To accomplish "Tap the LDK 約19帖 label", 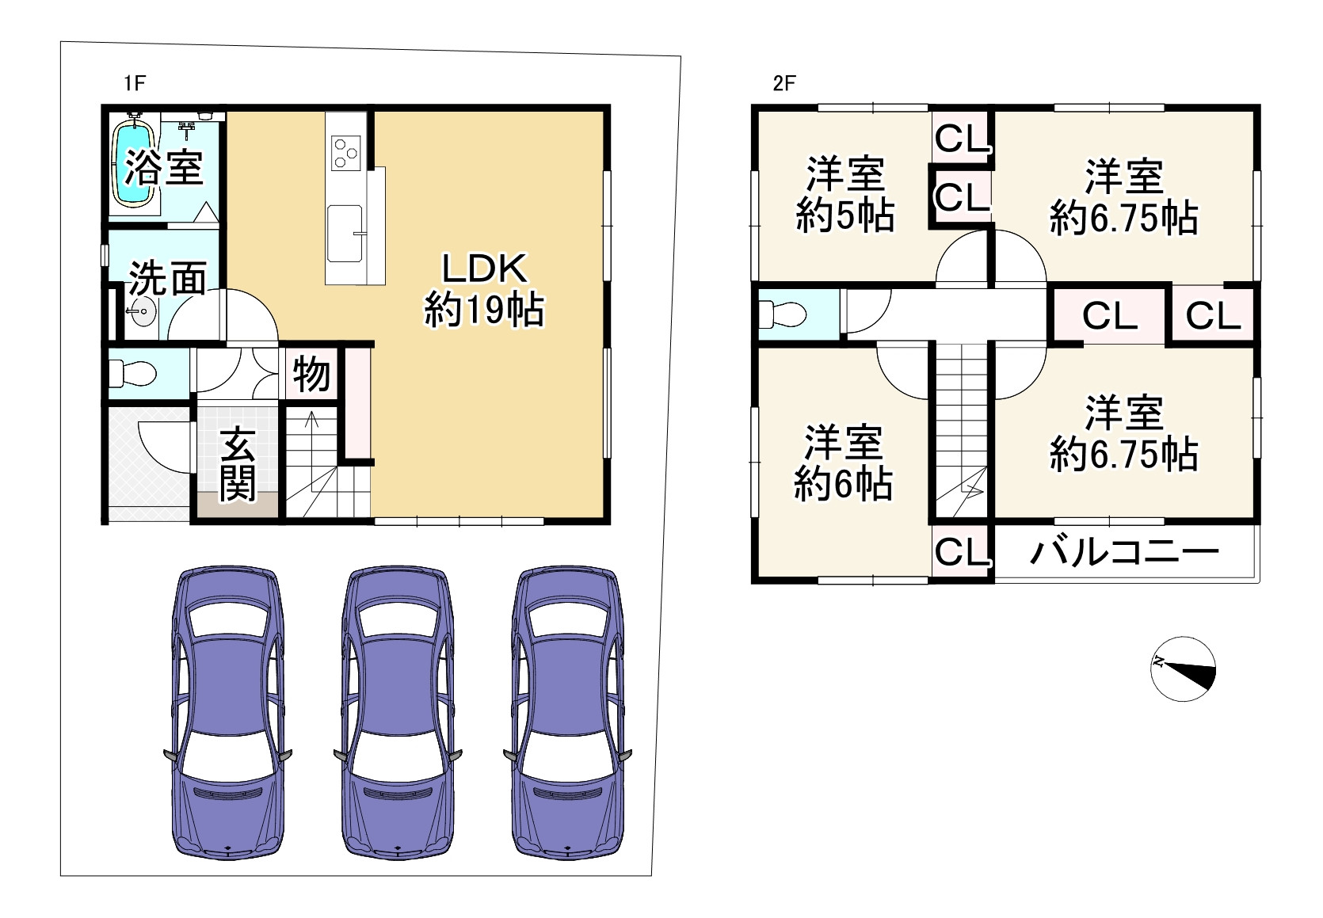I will pyautogui.click(x=483, y=290).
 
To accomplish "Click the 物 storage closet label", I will pyautogui.click(x=311, y=374).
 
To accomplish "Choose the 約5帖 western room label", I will pyautogui.click(x=845, y=195).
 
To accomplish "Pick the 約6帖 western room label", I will pyautogui.click(x=843, y=463).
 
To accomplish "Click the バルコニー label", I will pyautogui.click(x=1123, y=553).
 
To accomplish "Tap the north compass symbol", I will pyautogui.click(x=1183, y=669).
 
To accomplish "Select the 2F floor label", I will pyautogui.click(x=784, y=83).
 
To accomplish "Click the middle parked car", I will pyautogui.click(x=395, y=713).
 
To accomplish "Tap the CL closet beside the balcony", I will pyautogui.click(x=962, y=552).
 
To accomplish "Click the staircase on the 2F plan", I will pyautogui.click(x=961, y=428).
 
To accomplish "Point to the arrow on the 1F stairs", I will pyautogui.click(x=311, y=424).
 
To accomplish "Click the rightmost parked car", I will pyautogui.click(x=567, y=713).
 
